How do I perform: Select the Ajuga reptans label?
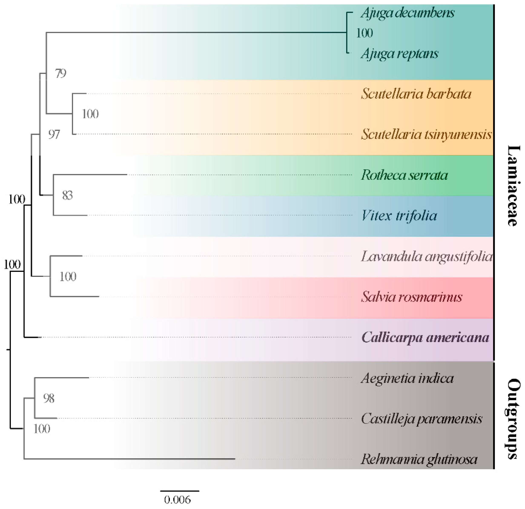coord(399,54)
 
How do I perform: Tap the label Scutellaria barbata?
coord(416,94)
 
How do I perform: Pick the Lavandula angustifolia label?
coord(427,256)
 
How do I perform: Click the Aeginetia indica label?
coord(407,378)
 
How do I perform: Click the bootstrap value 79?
coord(61,73)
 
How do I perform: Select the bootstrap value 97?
coord(54,134)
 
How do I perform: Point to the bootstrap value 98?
coord(49,398)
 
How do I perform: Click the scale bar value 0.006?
coord(177,500)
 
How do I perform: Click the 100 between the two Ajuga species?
coord(364,33)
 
